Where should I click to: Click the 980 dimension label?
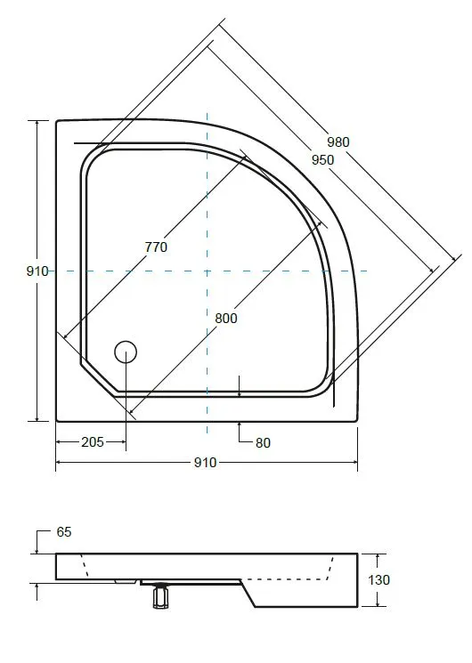(338, 142)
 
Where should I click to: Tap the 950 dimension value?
(322, 160)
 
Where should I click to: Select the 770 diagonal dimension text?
(156, 247)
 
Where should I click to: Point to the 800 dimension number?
(226, 318)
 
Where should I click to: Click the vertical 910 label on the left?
(37, 271)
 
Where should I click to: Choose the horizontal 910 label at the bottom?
(206, 463)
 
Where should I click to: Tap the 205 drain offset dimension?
(93, 442)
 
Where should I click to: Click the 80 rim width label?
(263, 443)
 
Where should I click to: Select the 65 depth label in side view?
(64, 532)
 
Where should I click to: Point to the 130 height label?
(378, 580)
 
